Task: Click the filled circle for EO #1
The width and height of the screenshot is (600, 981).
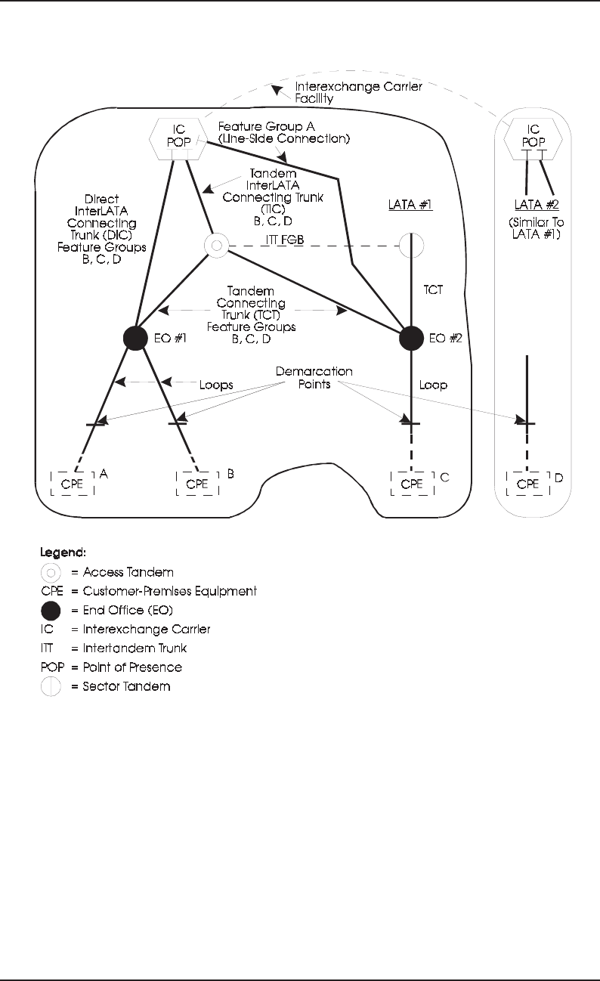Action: (135, 337)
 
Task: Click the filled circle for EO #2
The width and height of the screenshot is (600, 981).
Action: (411, 337)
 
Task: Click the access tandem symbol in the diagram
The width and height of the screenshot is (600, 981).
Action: (216, 245)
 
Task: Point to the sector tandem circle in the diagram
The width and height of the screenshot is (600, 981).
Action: (411, 245)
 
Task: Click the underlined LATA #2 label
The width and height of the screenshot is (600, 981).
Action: (537, 206)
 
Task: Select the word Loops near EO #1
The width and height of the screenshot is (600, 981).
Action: (215, 384)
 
